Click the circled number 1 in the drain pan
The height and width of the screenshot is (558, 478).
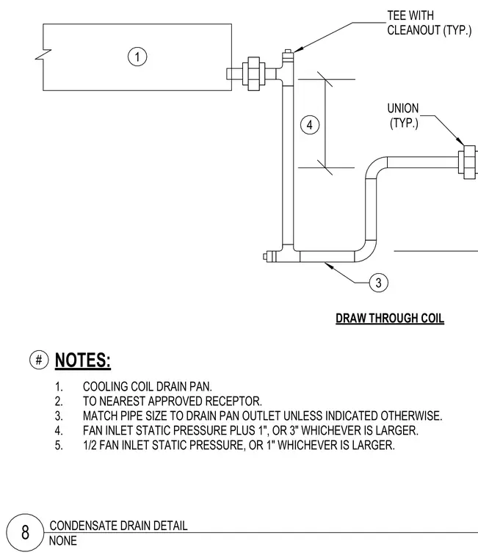pos(137,57)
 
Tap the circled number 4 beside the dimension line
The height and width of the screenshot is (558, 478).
pos(310,125)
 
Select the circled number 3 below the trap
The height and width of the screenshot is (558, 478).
pos(378,283)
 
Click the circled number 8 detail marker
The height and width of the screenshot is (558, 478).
pos(25,532)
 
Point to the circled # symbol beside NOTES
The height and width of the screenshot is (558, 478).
pos(39,360)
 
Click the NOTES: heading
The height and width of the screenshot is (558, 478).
pos(82,360)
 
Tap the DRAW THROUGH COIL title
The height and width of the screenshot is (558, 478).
pos(390,318)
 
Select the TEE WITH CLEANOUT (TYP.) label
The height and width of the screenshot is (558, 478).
pos(429,23)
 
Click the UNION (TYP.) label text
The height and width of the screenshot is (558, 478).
pos(403,116)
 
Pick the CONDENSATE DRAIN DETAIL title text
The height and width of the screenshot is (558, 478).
pos(118,526)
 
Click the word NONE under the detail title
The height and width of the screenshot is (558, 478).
pos(63,541)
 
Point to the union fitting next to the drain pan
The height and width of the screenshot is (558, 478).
pos(253,73)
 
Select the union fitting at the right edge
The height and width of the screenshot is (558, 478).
pos(468,162)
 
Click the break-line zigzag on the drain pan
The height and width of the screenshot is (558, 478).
pos(43,55)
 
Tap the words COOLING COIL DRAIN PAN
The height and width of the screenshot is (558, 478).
pos(148,386)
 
